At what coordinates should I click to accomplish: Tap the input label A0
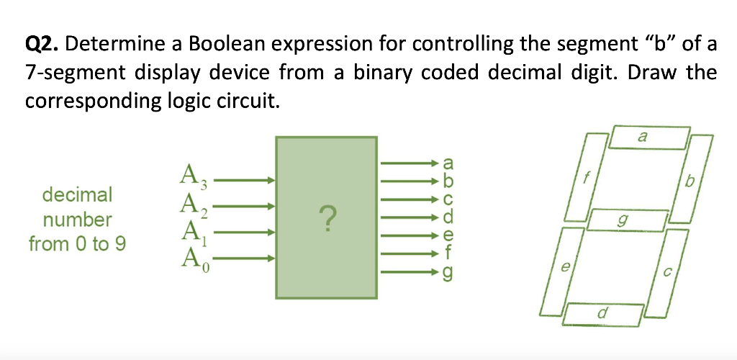(192, 258)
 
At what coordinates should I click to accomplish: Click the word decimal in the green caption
(78, 194)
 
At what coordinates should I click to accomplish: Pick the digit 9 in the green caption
(120, 244)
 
